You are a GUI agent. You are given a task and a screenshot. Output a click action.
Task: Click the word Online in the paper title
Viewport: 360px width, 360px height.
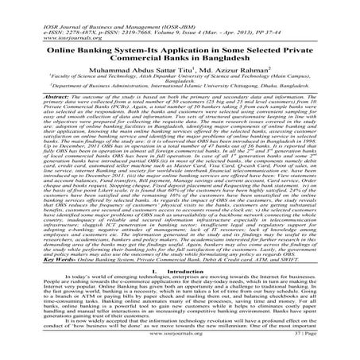point(50,48)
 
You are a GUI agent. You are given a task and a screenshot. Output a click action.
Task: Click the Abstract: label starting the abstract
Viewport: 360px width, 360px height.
point(37,103)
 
